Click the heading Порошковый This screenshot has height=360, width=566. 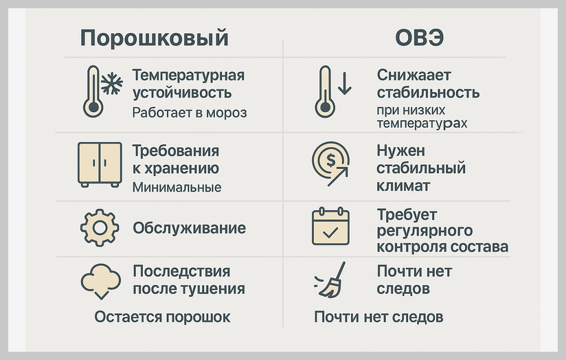[x=154, y=37]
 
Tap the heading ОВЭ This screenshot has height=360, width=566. [x=419, y=37]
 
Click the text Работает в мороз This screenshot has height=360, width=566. [x=189, y=112]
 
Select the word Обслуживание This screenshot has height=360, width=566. [x=189, y=228]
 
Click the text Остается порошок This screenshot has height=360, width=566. [x=162, y=317]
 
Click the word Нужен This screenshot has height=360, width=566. [x=401, y=150]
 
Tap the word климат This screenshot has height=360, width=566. [x=403, y=185]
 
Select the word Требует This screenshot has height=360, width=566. [x=407, y=214]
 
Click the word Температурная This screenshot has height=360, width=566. [x=188, y=75]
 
